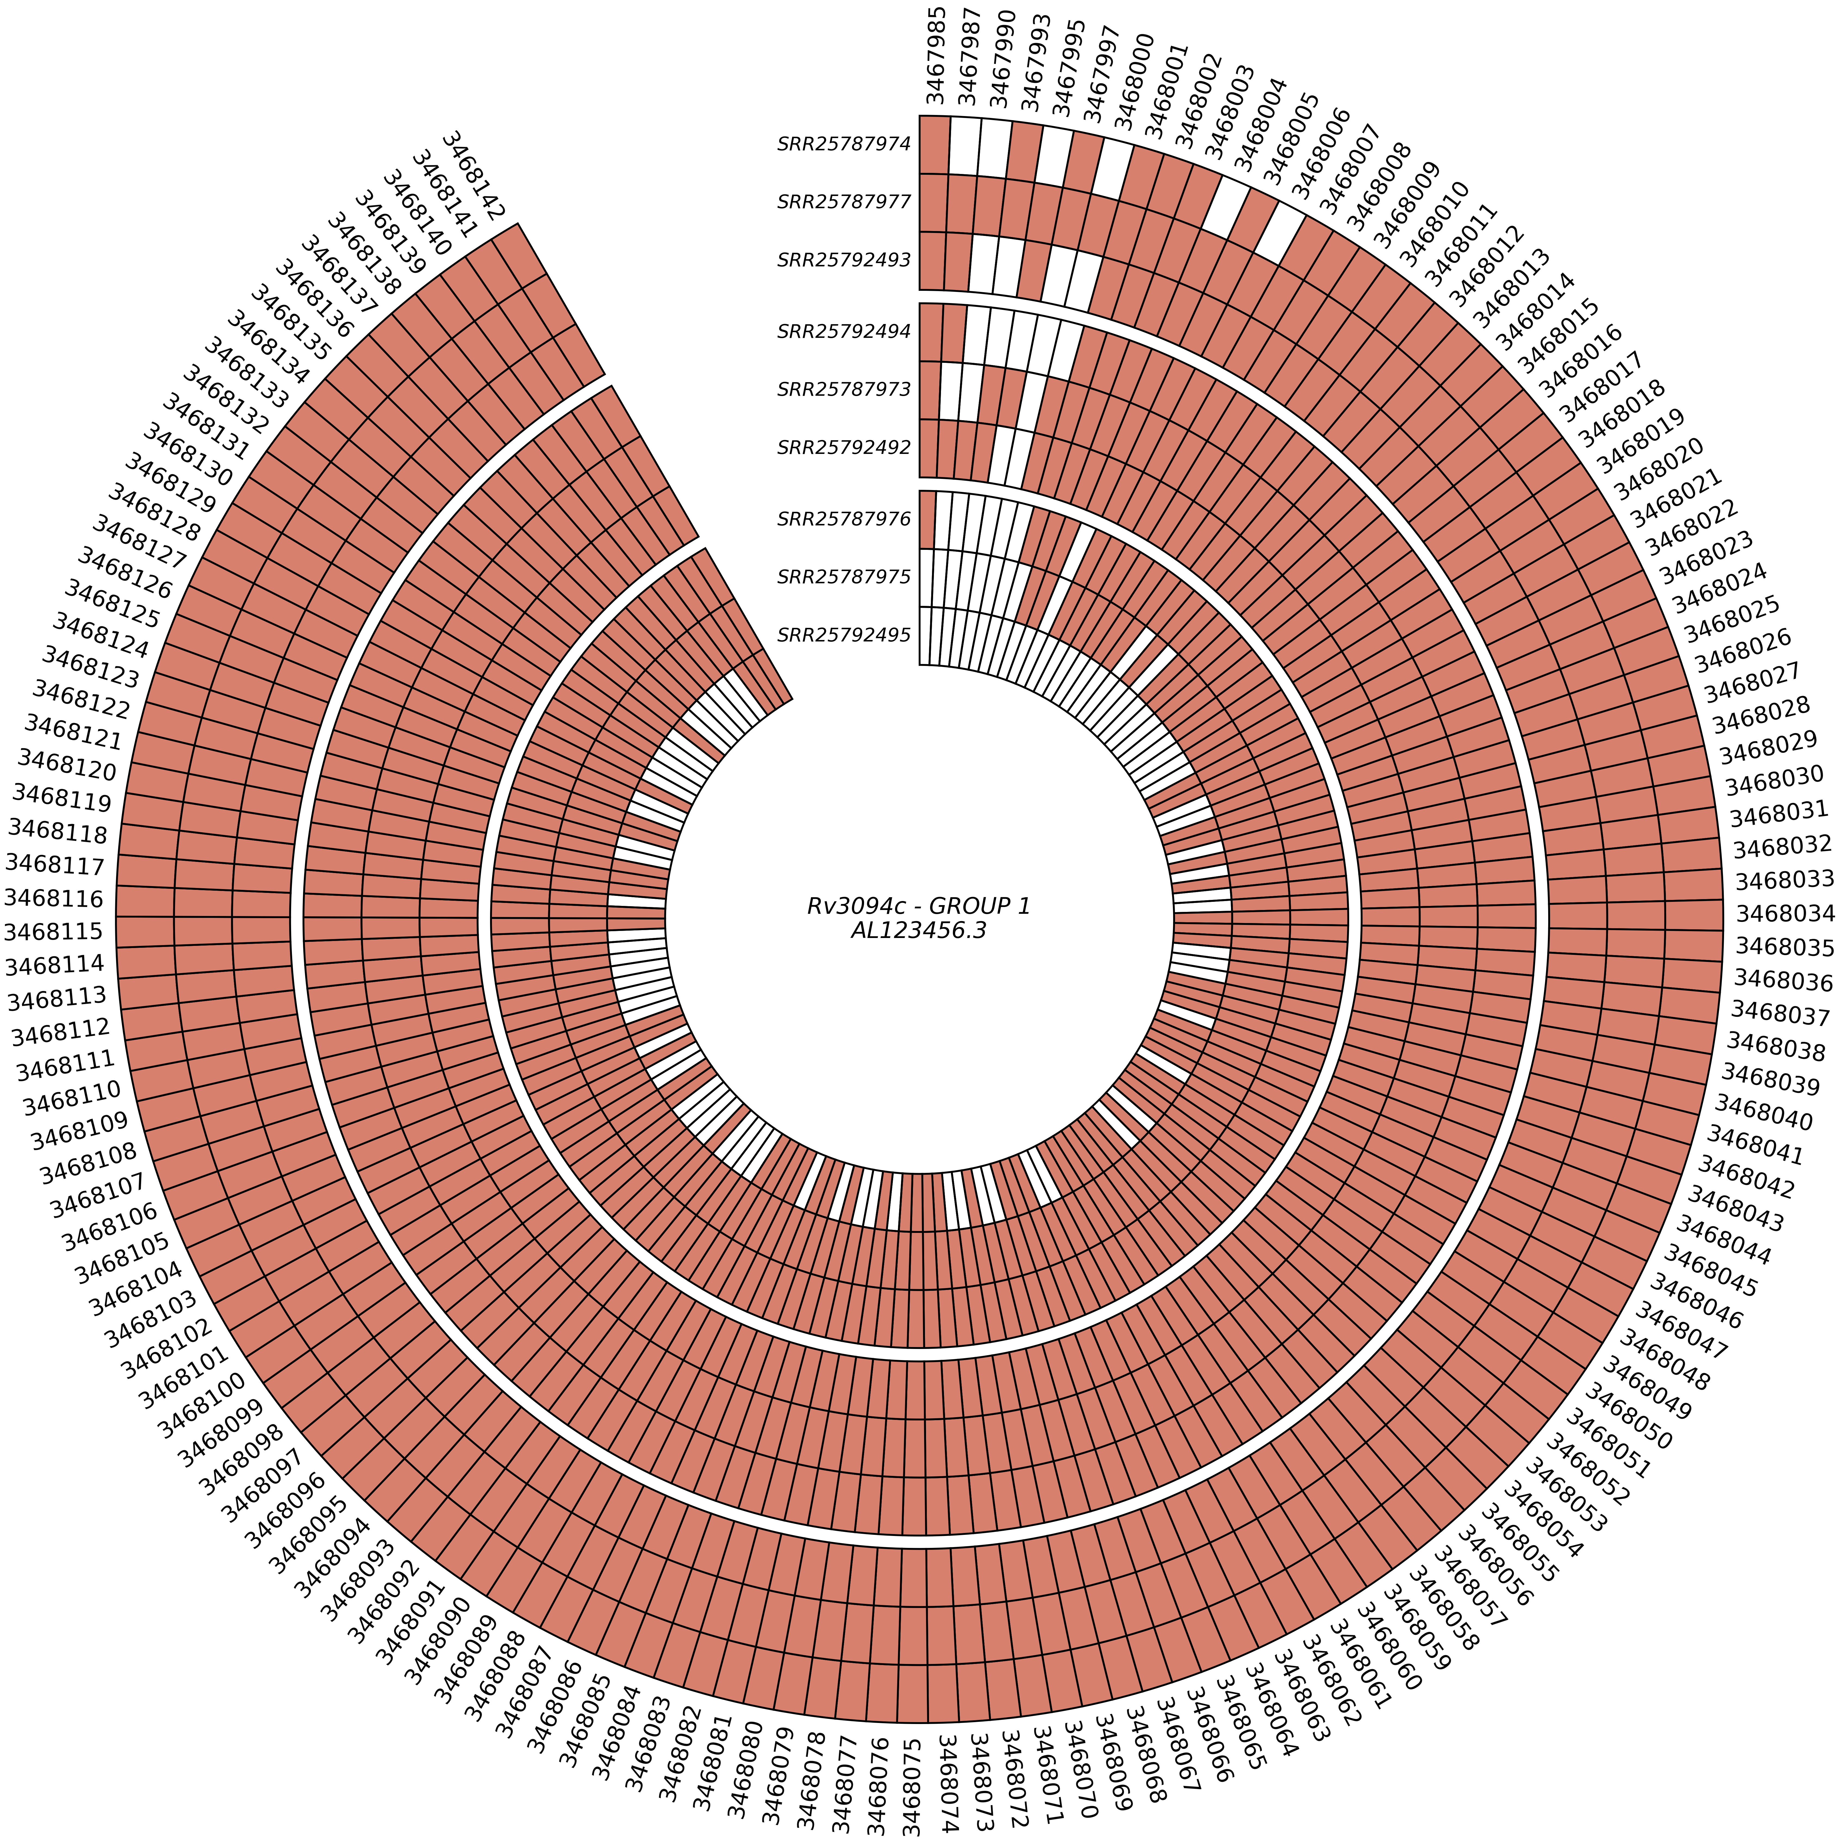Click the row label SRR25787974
point(844,145)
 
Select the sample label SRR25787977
point(844,202)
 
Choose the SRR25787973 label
point(844,389)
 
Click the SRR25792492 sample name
point(844,446)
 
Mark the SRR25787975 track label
point(844,577)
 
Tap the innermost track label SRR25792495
point(844,634)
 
